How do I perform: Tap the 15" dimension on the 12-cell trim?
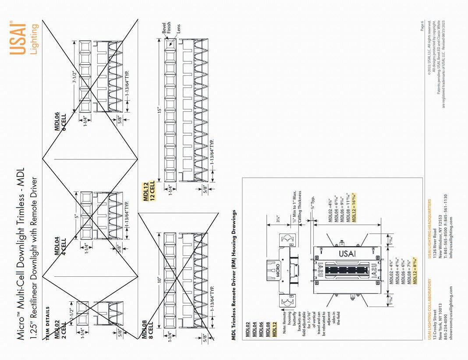click(160, 109)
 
